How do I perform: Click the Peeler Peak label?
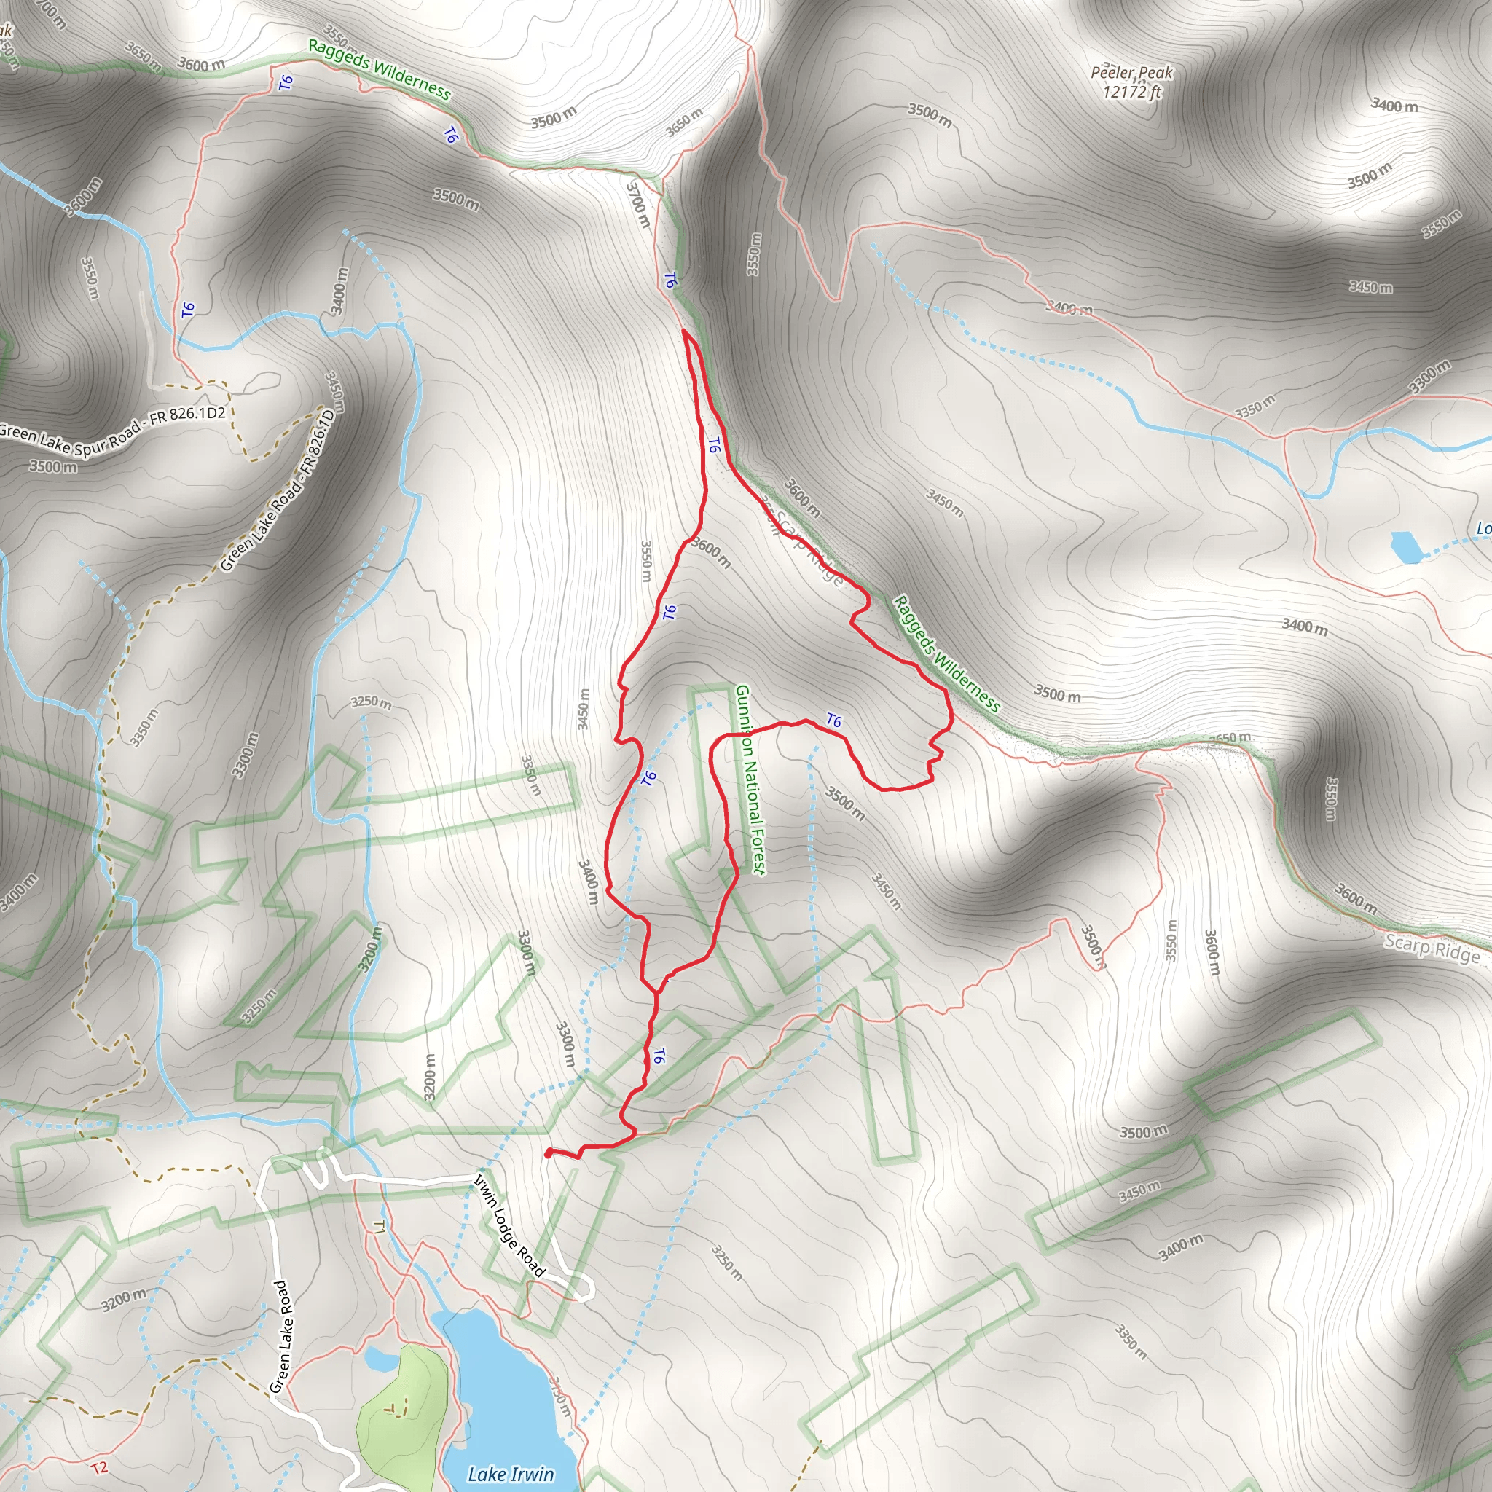coord(1131,73)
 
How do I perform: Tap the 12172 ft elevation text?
coord(1131,92)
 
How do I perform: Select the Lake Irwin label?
coord(511,1475)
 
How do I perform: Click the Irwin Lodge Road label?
coord(509,1225)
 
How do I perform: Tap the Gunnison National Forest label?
coord(750,780)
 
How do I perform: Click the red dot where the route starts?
coord(548,1154)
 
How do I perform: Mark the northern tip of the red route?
coord(684,331)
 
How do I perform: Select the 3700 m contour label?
coord(638,205)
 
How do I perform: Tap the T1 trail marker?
coord(378,1226)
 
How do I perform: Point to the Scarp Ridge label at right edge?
coord(1431,947)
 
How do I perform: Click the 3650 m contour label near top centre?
coord(684,122)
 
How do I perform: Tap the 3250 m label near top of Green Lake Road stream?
coord(371,702)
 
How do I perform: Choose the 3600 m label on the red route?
coord(710,553)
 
